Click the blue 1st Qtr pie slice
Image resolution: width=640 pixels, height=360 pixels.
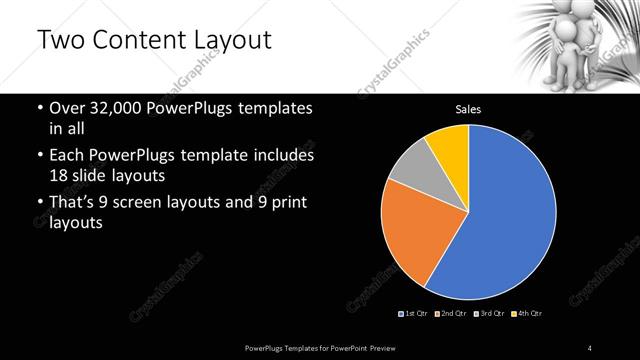coord(500,220)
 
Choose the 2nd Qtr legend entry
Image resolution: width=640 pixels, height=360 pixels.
coord(450,314)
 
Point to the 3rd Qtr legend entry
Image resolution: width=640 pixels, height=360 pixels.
coord(490,314)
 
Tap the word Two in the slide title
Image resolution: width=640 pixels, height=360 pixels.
coord(60,41)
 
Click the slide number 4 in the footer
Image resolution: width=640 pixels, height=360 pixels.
coord(590,347)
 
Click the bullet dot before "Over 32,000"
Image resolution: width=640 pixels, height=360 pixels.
coord(39,108)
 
